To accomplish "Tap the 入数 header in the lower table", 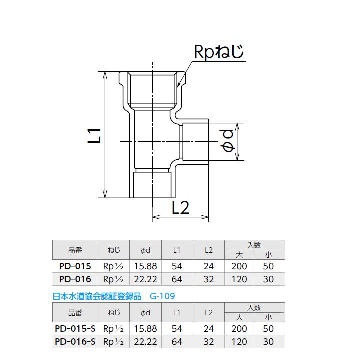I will click(254, 308).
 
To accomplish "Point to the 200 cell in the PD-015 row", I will click(239, 267).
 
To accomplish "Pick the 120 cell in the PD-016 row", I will click(239, 279).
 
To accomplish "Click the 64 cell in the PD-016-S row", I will click(176, 341).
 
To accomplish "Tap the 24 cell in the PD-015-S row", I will click(209, 329).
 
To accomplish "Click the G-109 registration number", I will click(163, 296).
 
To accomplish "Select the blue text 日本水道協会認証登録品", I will click(97, 296).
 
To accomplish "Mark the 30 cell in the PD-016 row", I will click(268, 279).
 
